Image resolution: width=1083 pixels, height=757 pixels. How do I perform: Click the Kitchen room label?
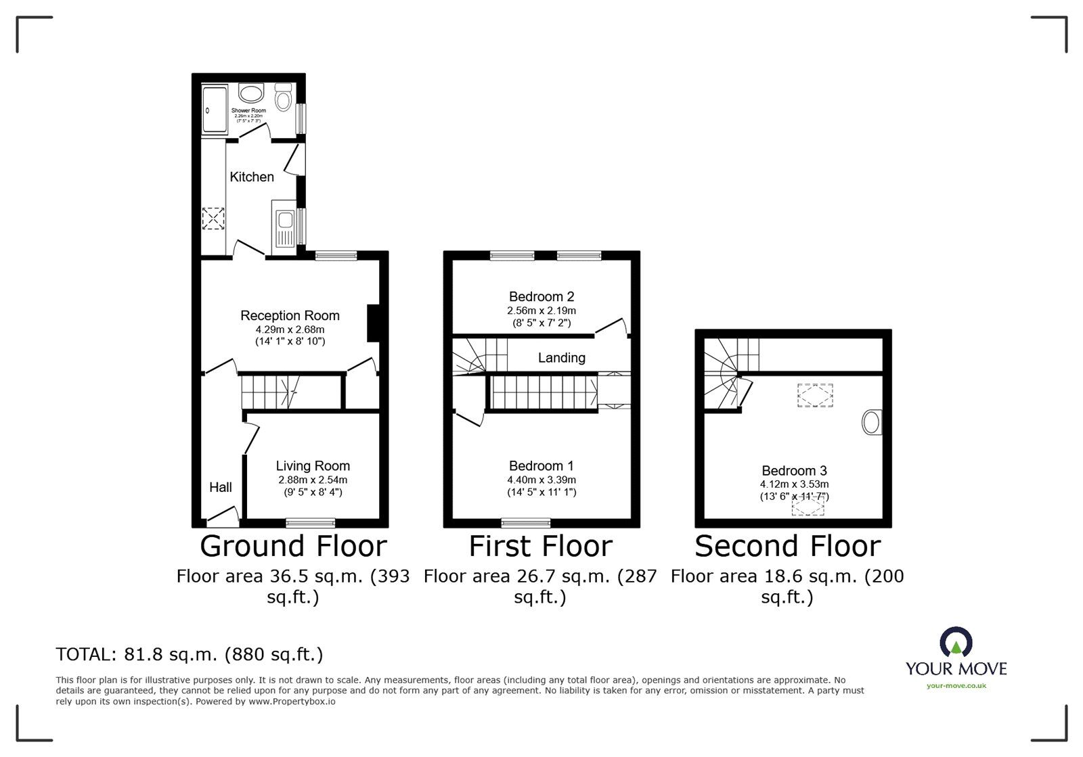click(x=252, y=177)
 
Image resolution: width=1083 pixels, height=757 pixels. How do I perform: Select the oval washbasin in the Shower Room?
click(x=252, y=94)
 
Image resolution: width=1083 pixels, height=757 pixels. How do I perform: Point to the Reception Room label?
click(x=290, y=316)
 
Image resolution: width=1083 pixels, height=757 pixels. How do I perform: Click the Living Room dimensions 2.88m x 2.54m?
click(x=312, y=480)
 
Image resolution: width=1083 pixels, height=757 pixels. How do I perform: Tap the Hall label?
click(x=221, y=487)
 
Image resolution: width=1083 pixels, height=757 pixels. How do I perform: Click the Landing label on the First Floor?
click(x=561, y=358)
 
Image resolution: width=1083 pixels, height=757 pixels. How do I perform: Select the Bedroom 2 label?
click(x=541, y=296)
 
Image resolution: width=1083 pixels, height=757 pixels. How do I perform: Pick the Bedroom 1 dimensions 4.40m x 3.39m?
click(x=541, y=480)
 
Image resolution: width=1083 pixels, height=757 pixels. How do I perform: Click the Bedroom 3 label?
click(x=794, y=471)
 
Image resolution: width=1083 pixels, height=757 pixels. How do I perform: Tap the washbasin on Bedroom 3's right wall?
click(x=872, y=423)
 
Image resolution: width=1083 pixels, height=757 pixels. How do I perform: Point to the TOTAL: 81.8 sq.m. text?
click(x=190, y=655)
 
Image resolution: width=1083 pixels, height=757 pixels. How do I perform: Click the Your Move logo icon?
click(x=956, y=643)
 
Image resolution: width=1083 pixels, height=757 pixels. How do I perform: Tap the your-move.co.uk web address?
click(x=956, y=686)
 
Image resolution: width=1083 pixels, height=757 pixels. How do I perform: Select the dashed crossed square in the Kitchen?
click(x=213, y=219)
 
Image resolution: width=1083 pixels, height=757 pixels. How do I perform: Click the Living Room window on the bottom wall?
click(x=310, y=522)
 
